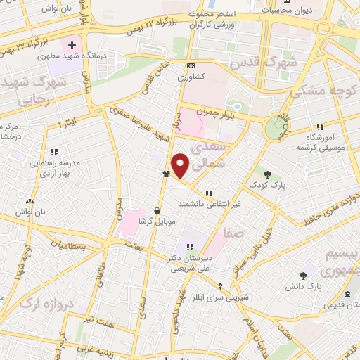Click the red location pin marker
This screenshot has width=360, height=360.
pos(181,165)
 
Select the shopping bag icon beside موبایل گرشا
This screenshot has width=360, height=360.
pos(156,210)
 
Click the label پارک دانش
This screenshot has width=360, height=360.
pos(303,287)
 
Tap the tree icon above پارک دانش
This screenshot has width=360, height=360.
pos(303,276)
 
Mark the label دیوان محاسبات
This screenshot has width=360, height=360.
pos(286,11)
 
